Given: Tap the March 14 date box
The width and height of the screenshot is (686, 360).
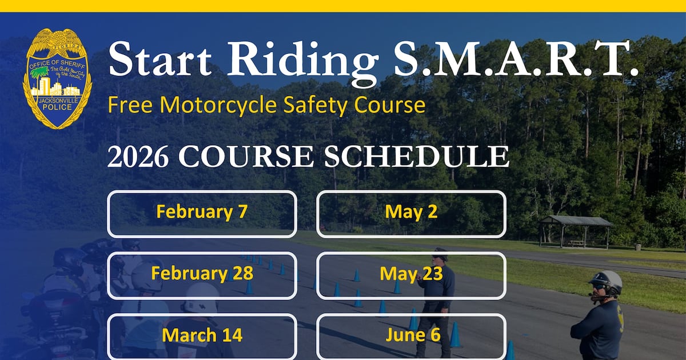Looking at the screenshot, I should [202, 335].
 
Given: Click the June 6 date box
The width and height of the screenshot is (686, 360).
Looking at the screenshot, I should [411, 335].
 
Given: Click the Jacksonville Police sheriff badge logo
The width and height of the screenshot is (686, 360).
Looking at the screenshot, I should [57, 78].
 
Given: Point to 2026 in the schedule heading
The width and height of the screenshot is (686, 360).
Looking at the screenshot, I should [138, 157].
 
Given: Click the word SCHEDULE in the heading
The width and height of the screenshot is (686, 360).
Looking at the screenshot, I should [416, 157].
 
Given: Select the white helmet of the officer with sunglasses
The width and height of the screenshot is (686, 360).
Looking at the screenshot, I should [605, 281].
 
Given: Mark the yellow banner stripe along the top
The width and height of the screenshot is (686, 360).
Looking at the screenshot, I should [343, 6].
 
